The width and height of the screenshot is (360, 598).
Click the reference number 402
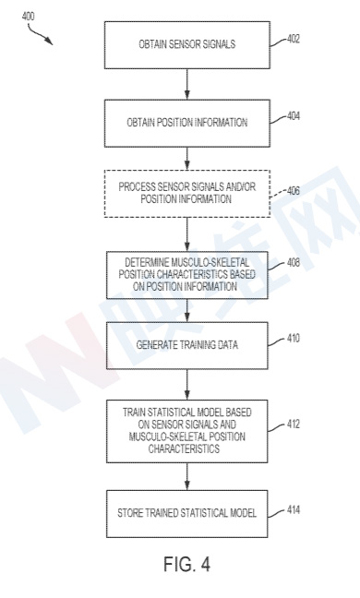(x=293, y=39)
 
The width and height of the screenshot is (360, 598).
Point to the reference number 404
(x=293, y=115)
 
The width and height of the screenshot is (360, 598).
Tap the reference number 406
(x=293, y=190)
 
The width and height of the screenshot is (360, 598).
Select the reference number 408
(x=293, y=263)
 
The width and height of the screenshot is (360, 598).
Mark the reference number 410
(x=293, y=339)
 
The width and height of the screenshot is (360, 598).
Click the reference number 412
(x=293, y=425)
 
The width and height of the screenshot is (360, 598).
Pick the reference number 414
(x=293, y=509)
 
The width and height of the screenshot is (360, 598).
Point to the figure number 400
(x=28, y=17)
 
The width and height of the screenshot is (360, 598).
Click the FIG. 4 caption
(x=186, y=564)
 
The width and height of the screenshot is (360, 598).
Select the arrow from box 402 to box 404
(x=186, y=84)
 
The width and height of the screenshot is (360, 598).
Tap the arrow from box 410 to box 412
(x=186, y=385)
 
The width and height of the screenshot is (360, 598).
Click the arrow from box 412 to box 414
(x=186, y=476)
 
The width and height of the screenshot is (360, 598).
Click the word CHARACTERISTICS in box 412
(x=184, y=448)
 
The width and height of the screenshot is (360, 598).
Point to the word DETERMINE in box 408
(x=146, y=262)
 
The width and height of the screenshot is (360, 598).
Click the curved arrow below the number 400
(x=39, y=34)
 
